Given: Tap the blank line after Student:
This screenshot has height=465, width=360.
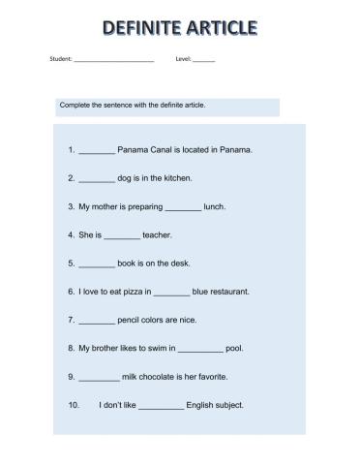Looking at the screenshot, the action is click(113, 60).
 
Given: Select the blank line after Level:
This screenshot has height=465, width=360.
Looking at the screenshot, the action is click(203, 60).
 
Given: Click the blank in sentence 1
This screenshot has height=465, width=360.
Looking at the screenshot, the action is click(96, 151).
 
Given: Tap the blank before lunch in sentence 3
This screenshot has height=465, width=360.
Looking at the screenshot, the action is click(183, 207).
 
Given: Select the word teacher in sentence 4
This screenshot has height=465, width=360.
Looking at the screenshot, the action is click(157, 234).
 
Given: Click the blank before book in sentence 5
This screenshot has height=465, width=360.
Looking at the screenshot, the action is click(96, 263).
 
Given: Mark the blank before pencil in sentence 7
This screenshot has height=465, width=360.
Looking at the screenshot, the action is click(96, 320).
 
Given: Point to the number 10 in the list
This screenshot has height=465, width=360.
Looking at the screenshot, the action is click(73, 404).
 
